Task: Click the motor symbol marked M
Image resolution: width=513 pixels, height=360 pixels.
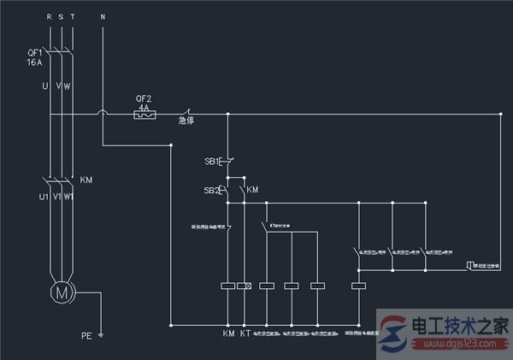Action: [x=61, y=292]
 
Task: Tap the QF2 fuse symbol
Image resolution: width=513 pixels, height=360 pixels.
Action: [x=145, y=114]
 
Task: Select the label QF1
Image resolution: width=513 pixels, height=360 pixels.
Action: [x=35, y=53]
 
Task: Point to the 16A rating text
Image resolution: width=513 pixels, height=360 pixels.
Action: [x=35, y=63]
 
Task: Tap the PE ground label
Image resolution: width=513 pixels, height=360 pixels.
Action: [x=86, y=335]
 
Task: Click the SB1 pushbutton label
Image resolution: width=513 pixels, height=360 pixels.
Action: [x=211, y=161]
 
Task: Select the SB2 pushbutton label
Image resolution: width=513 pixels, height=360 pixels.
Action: [x=211, y=189]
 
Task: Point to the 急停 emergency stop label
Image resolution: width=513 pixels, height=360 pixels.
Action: [x=186, y=121]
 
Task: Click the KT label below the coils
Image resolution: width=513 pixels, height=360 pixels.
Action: [x=246, y=333]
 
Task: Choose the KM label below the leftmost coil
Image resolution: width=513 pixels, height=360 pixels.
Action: [x=228, y=333]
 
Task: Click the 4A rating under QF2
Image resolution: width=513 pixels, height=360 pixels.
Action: [x=145, y=106]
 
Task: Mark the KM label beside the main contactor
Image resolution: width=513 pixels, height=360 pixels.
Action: [x=86, y=180]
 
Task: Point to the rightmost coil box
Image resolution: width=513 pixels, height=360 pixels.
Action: [x=359, y=285]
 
